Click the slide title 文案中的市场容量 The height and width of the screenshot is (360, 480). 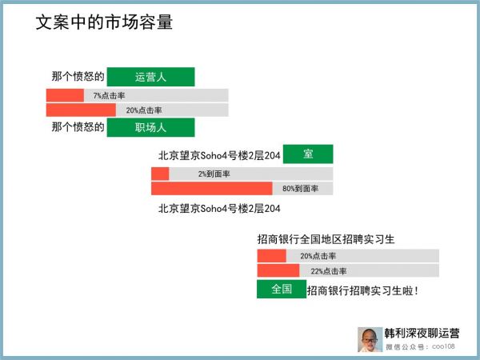104,22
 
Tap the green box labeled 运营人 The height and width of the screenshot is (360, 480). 150,77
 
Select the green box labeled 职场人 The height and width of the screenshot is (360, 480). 150,127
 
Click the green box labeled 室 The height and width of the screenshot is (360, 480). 307,154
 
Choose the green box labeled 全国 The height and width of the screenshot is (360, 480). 281,289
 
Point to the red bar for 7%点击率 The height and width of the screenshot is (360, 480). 65,95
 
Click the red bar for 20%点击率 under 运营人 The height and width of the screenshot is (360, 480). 81,110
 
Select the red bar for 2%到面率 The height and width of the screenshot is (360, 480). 160,174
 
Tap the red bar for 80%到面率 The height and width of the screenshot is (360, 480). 212,189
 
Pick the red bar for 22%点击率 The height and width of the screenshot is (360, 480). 278,271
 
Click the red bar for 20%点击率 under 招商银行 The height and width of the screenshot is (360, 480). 271,256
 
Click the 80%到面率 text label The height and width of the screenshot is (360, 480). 300,189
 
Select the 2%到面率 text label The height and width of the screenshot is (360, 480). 214,174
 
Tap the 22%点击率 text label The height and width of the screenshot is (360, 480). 328,271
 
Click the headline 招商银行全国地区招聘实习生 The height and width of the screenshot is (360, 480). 326,238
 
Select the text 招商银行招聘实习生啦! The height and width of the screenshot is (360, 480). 362,290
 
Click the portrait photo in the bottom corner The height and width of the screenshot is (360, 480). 369,339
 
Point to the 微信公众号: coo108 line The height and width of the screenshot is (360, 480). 420,347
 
